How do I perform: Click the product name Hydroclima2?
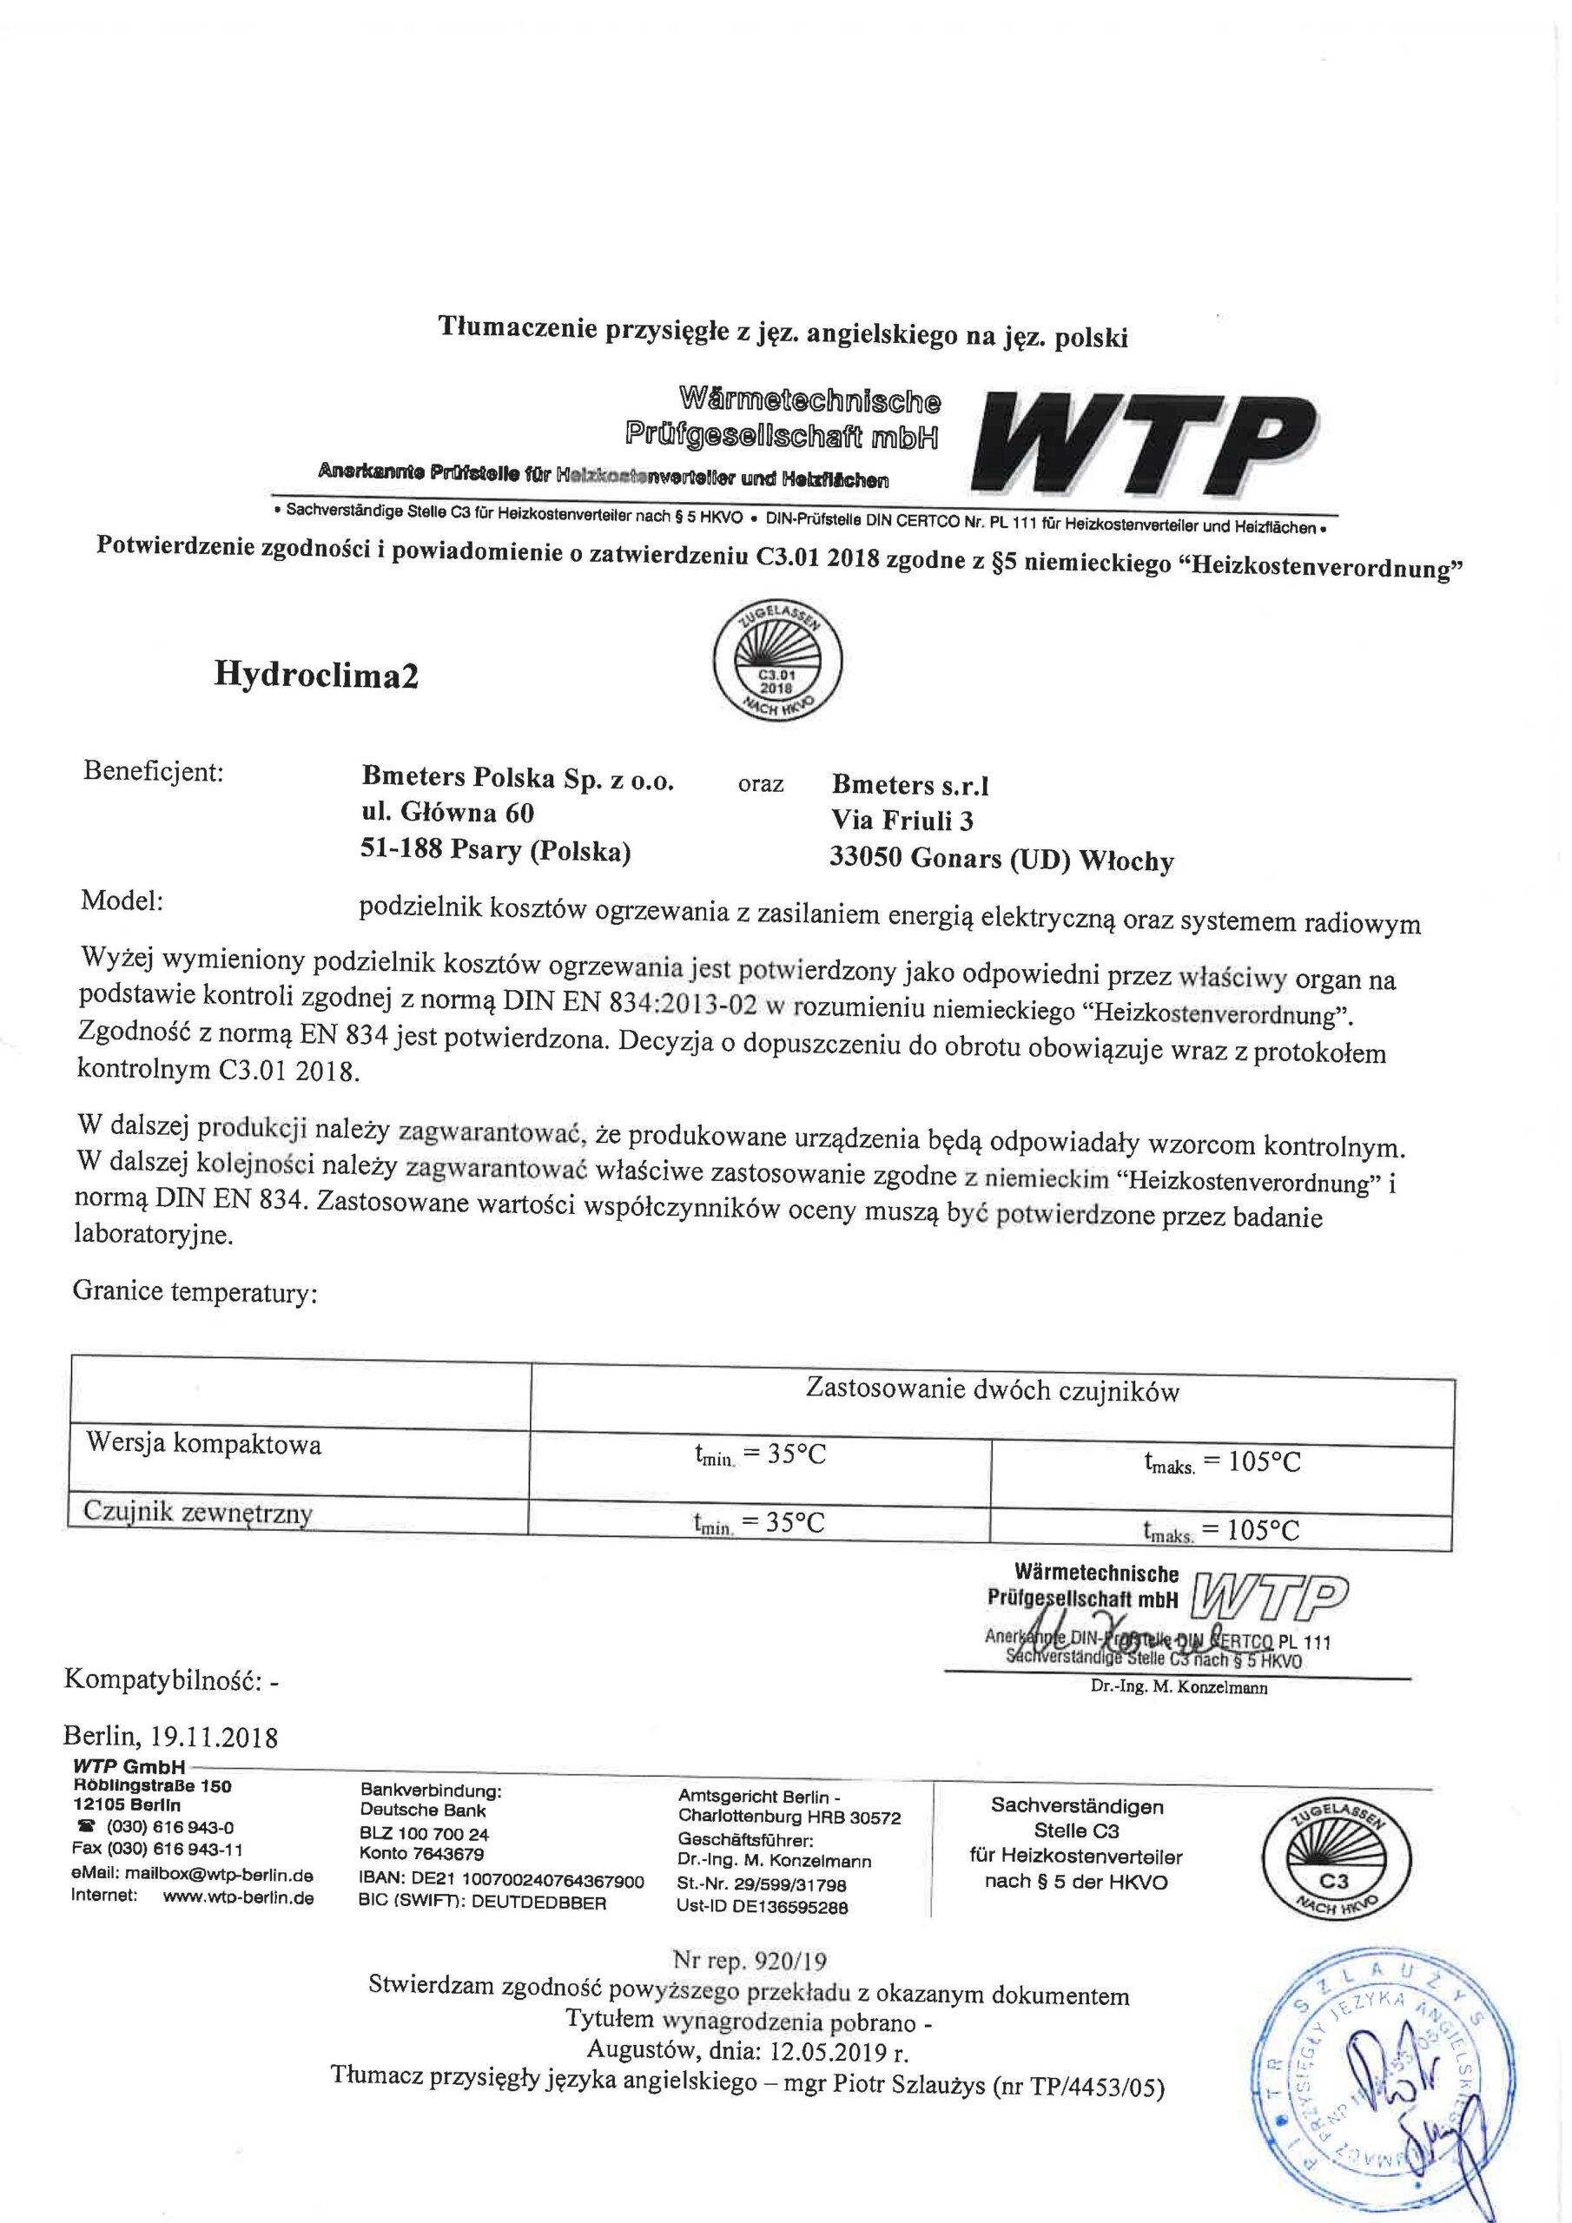[316, 675]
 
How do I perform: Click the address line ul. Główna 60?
[447, 811]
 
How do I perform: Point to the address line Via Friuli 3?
[902, 821]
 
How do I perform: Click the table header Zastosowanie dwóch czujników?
[992, 1390]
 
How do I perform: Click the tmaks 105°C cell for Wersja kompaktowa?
[1221, 1462]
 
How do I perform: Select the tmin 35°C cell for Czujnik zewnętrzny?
[758, 1523]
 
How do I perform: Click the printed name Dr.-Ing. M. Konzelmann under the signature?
[1178, 1687]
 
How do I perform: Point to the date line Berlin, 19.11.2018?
[170, 1737]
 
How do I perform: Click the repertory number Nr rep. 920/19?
[750, 1962]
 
